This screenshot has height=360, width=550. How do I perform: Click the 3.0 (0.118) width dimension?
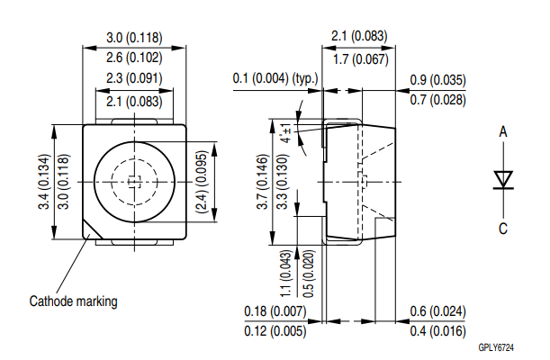(134, 38)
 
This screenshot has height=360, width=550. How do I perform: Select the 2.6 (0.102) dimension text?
(134, 58)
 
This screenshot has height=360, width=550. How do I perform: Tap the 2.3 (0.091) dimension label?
(134, 79)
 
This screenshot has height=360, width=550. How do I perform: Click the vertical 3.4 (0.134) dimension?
(42, 181)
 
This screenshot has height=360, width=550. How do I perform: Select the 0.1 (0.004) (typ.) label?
(276, 79)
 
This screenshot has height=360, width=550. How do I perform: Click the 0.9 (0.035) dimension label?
(437, 79)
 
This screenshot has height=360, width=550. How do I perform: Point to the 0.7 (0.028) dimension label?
(437, 99)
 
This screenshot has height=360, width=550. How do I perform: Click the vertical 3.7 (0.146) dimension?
(262, 181)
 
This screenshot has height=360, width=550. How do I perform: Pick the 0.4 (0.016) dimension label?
(437, 332)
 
